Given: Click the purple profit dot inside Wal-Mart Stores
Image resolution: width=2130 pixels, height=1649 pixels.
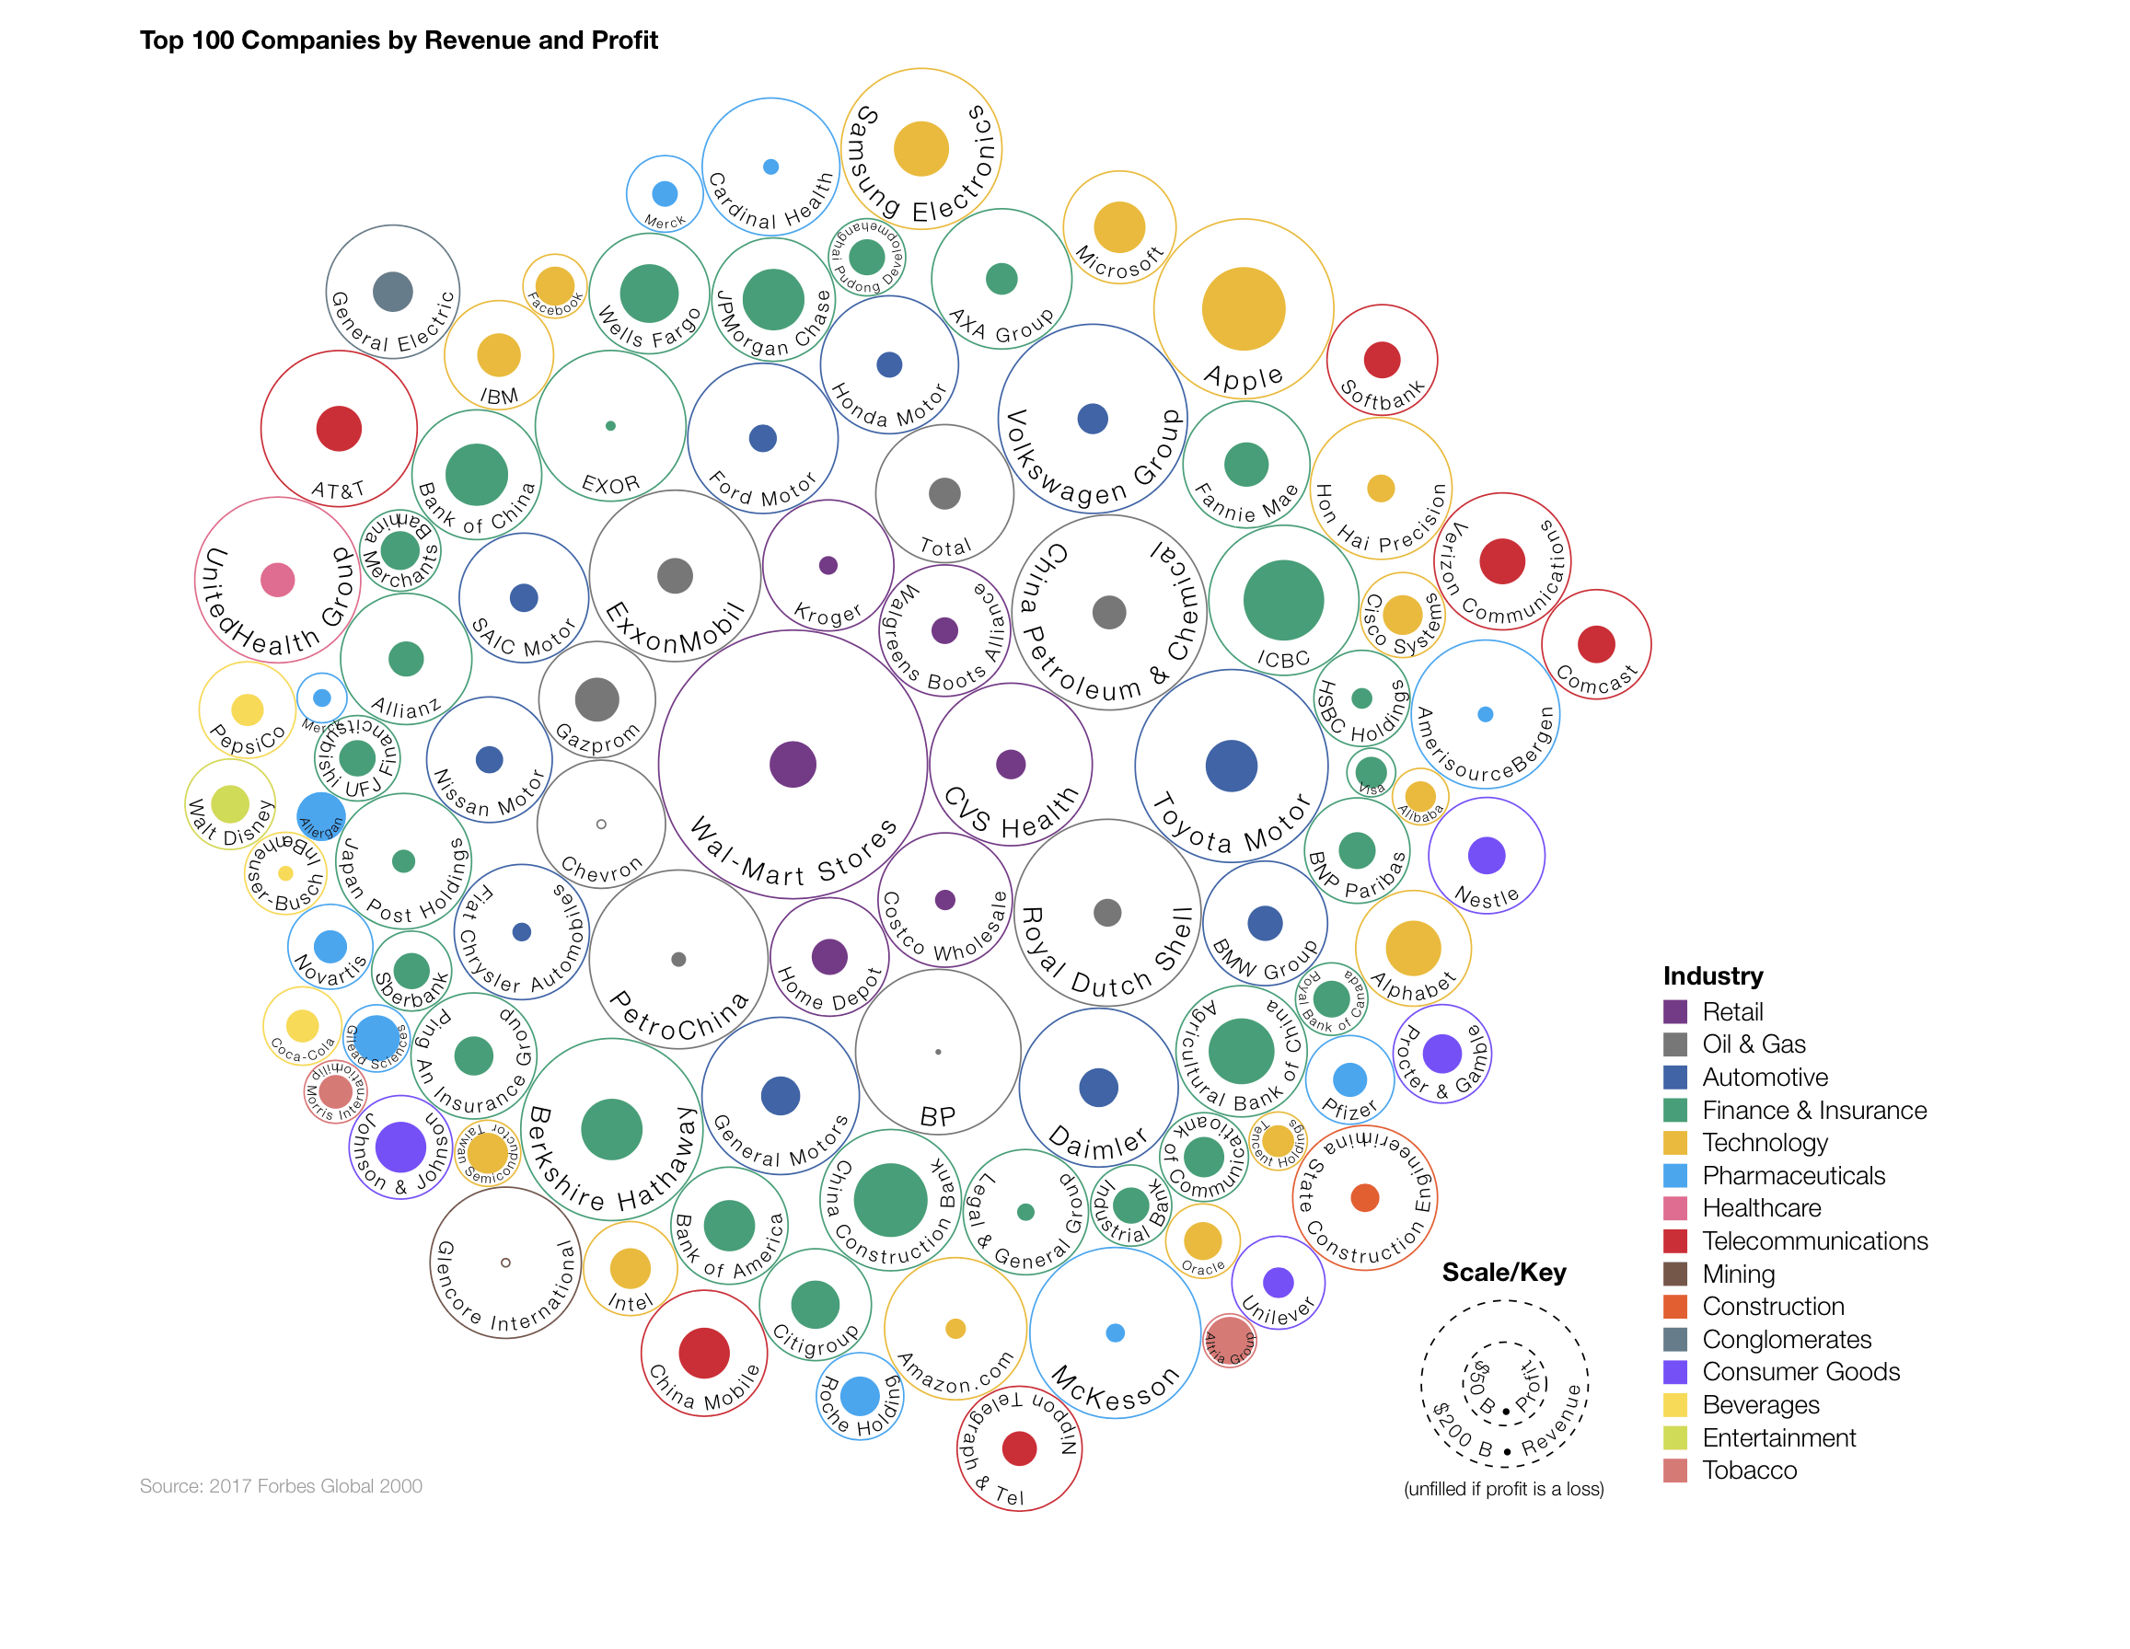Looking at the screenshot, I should [x=792, y=765].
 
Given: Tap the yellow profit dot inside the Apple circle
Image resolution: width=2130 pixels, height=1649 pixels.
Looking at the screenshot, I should [x=1243, y=309].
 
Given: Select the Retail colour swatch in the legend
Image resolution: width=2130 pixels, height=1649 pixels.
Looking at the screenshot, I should [x=1674, y=1012].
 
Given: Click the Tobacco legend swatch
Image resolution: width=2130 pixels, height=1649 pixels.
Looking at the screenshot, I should [x=1674, y=1470].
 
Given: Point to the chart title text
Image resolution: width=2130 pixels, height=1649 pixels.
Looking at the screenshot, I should [x=398, y=40].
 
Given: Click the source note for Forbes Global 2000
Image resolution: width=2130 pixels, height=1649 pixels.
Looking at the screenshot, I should [x=281, y=1486].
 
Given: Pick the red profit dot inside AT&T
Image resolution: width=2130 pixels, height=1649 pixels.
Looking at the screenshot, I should [x=339, y=429].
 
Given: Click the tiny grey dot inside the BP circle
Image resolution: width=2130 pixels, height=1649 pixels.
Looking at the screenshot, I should [x=937, y=1052].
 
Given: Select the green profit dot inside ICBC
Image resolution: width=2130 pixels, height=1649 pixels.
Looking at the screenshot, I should [x=1282, y=601].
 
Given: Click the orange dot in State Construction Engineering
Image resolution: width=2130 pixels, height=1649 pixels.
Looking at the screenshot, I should [x=1364, y=1197].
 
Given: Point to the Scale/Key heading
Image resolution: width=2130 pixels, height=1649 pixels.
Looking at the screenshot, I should [x=1504, y=1273].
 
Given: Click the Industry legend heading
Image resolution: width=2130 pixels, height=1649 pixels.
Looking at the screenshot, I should [x=1713, y=976].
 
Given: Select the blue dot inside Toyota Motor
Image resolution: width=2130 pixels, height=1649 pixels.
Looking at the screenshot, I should [x=1231, y=767].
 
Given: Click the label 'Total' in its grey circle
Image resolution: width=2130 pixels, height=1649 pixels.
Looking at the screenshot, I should [x=945, y=548].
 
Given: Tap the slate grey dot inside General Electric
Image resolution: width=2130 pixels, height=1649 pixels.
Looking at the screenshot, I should [x=392, y=292].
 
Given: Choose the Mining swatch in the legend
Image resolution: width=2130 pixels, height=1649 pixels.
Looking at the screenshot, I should [x=1674, y=1274].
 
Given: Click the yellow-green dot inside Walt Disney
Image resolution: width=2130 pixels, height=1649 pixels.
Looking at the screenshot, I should [x=230, y=804].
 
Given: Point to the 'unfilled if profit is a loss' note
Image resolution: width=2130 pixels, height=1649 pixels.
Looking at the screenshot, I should [x=1503, y=1489].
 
